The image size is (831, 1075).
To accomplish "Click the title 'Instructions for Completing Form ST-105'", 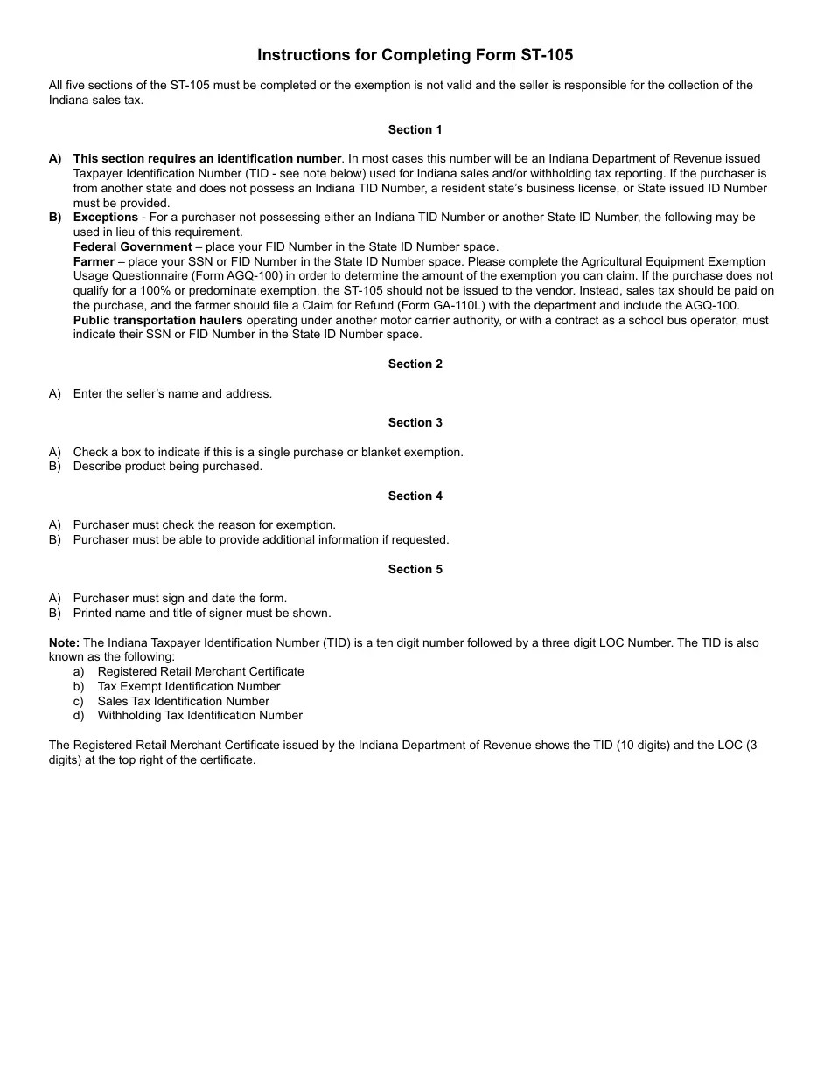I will pyautogui.click(x=415, y=55).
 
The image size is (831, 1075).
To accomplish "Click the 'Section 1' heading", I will pyautogui.click(x=415, y=129).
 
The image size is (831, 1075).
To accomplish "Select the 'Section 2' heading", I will pyautogui.click(x=415, y=364).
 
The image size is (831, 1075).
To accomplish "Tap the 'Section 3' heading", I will pyautogui.click(x=415, y=422).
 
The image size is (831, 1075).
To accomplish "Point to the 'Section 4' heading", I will pyautogui.click(x=415, y=496).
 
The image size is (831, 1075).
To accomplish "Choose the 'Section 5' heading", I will pyautogui.click(x=415, y=569).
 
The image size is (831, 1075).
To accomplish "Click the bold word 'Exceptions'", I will pyautogui.click(x=105, y=217).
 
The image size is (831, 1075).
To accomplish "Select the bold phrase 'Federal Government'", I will pyautogui.click(x=132, y=246).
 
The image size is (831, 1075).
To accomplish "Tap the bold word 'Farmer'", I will pyautogui.click(x=94, y=261).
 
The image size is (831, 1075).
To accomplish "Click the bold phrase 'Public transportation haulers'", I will pyautogui.click(x=157, y=320).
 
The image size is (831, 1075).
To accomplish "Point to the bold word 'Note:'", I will pyautogui.click(x=64, y=642).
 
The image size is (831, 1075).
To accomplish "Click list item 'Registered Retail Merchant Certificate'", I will pyautogui.click(x=200, y=671).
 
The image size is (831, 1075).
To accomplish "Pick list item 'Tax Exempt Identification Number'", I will pyautogui.click(x=189, y=686).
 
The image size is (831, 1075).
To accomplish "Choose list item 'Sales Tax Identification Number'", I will pyautogui.click(x=183, y=701).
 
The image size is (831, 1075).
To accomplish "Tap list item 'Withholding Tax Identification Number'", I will pyautogui.click(x=199, y=715).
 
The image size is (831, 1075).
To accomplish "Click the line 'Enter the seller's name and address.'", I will pyautogui.click(x=172, y=393).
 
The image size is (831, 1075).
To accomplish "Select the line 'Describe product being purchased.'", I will pyautogui.click(x=167, y=466).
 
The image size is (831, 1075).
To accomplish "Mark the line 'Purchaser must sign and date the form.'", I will pyautogui.click(x=179, y=598).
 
